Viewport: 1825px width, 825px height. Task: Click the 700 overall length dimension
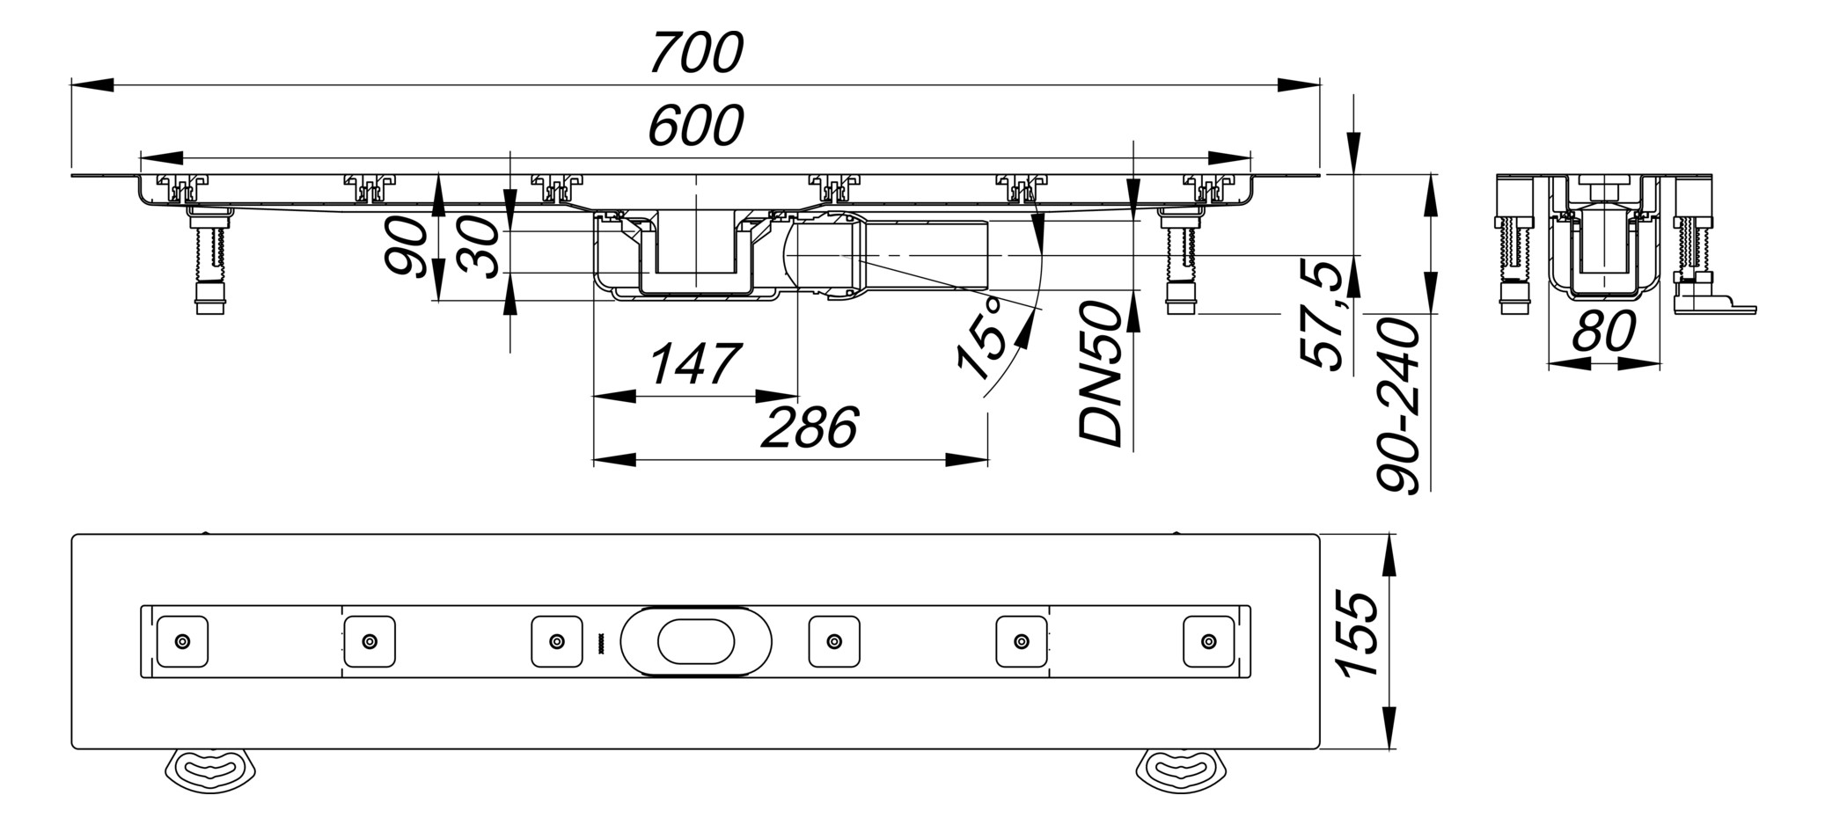[696, 53]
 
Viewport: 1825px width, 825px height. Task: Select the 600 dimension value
[696, 126]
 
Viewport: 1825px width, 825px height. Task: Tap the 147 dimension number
[695, 364]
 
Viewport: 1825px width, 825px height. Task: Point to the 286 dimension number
[809, 428]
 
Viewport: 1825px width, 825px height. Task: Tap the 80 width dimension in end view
[1603, 332]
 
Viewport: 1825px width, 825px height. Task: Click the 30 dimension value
[480, 249]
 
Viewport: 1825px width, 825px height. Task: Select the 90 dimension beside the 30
[407, 248]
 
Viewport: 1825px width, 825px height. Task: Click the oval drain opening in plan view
[695, 641]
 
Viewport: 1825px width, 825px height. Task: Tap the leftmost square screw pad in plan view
[182, 641]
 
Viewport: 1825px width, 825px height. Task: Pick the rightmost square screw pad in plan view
[1209, 641]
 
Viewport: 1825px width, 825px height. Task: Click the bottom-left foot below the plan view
[210, 770]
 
